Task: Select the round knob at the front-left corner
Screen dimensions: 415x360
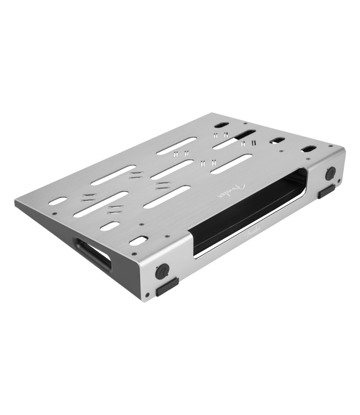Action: [162, 271]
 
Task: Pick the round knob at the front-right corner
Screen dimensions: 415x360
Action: [331, 173]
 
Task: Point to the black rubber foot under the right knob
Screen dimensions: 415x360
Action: [326, 191]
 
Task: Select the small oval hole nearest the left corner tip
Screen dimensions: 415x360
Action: [57, 201]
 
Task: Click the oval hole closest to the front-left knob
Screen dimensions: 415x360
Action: [138, 241]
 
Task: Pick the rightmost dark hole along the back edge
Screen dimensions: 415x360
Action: [308, 149]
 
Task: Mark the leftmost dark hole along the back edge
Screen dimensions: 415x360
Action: [221, 125]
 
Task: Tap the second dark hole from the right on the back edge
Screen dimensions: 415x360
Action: [277, 141]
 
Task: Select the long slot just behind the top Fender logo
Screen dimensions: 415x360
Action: [231, 164]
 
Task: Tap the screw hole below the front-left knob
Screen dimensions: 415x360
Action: [148, 294]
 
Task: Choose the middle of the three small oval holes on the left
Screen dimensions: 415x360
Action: [110, 226]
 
